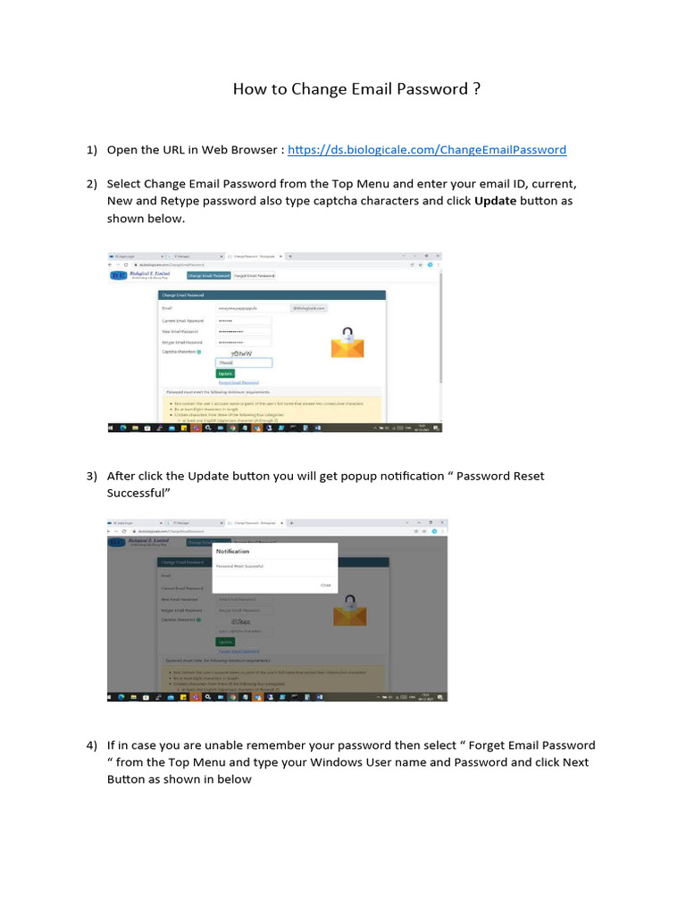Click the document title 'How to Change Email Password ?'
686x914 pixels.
point(357,89)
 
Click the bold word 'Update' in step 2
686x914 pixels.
point(495,201)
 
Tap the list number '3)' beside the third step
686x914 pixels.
point(91,476)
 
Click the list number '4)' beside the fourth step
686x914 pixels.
point(91,745)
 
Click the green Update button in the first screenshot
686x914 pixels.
point(225,374)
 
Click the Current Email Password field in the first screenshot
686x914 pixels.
point(243,320)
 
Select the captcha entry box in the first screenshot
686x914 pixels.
point(243,363)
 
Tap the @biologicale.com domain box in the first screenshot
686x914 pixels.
point(308,308)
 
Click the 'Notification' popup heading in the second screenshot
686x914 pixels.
point(232,552)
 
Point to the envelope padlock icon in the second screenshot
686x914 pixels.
point(349,611)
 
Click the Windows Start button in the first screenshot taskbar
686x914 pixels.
point(112,428)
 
